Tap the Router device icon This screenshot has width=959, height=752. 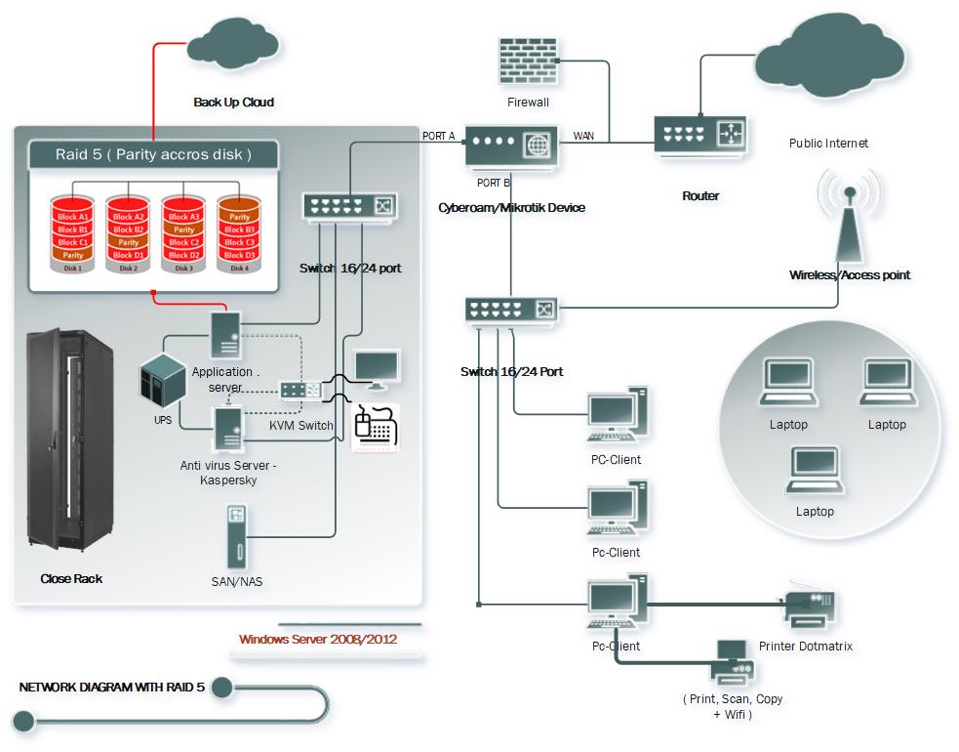[700, 138]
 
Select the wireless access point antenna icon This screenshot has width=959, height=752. [848, 219]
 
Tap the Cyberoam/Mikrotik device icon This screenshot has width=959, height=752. [510, 146]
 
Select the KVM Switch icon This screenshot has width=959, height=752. [300, 390]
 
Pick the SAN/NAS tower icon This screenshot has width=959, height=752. [234, 537]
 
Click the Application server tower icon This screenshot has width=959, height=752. [227, 334]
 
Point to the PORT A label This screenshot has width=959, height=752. [438, 136]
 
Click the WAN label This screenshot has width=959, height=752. [583, 136]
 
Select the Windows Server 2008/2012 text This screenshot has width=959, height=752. [318, 641]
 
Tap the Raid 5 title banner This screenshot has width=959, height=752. [153, 154]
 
